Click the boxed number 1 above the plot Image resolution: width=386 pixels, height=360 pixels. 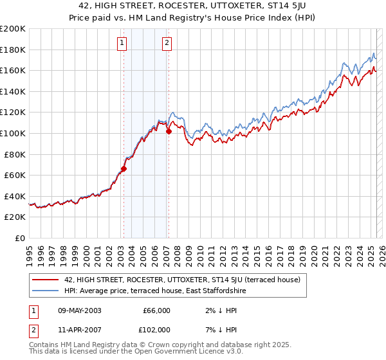122,44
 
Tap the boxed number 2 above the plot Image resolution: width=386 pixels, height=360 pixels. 167,44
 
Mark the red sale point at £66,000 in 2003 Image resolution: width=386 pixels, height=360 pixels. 124,169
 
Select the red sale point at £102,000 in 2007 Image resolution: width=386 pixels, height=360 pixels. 169,132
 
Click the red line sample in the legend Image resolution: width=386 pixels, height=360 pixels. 46,280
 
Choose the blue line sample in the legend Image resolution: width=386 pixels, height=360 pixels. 46,291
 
